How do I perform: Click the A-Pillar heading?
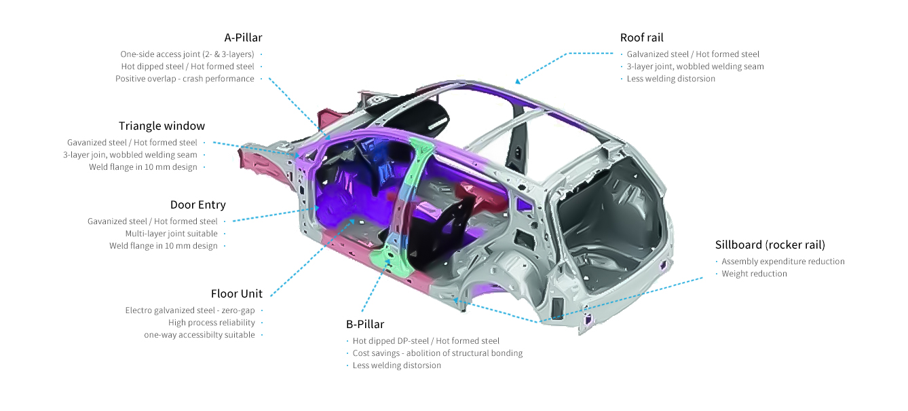tap(243, 38)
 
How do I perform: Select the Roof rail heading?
tap(642, 38)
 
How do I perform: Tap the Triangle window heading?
tap(162, 126)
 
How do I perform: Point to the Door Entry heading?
tap(197, 205)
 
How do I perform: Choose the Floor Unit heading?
tap(237, 293)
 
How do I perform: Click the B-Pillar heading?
tap(365, 324)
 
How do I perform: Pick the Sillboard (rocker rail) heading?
tap(770, 245)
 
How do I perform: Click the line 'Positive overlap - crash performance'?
tap(185, 79)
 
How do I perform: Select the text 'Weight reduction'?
tap(755, 274)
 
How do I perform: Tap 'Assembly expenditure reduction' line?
tap(783, 262)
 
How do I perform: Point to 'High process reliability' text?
tap(212, 323)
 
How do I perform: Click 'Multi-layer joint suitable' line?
tap(172, 234)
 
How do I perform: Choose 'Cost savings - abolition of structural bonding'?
tap(438, 353)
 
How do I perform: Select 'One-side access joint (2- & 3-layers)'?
tap(187, 54)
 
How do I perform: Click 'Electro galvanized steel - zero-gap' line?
tap(190, 310)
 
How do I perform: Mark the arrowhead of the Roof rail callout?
tap(518, 81)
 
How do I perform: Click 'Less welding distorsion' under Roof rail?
tap(671, 79)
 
